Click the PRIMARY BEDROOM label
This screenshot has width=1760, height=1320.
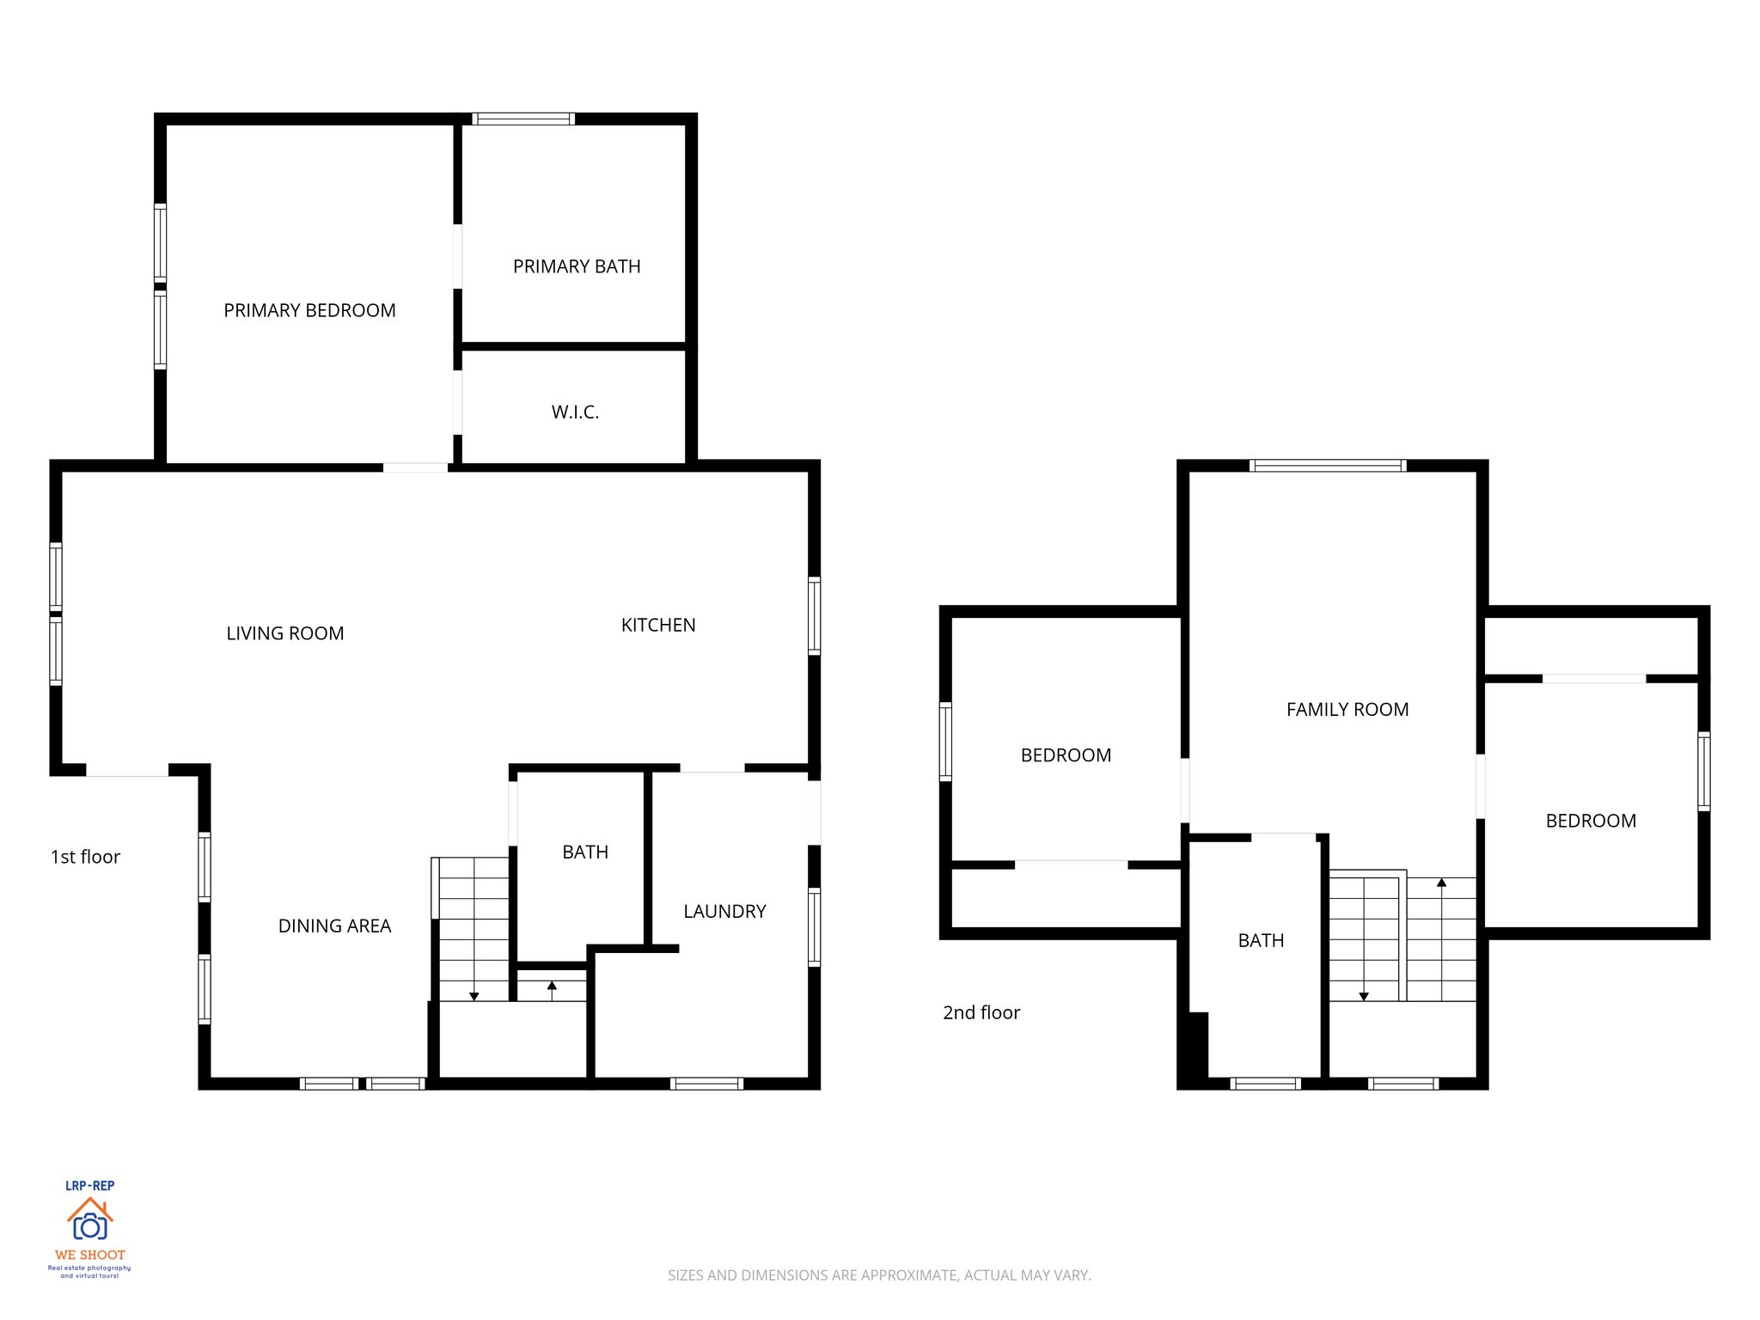309,310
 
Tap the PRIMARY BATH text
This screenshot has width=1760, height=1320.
577,266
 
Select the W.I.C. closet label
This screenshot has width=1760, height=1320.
575,412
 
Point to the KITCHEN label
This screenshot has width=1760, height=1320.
658,625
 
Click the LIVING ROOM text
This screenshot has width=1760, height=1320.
284,633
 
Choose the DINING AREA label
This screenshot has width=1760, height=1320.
334,926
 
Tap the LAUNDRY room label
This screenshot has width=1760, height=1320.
724,911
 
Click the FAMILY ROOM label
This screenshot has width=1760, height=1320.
1347,709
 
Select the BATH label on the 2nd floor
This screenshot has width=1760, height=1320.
1261,940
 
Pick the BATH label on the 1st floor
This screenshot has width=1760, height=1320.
585,852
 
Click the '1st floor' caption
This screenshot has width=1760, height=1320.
85,857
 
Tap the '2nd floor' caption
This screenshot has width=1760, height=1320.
981,1012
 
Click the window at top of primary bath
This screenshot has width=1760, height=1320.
522,119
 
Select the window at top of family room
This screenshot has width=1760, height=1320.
1328,466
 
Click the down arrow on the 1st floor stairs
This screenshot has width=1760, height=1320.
474,995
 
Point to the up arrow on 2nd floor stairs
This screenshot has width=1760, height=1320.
1441,883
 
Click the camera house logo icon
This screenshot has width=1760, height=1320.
89,1219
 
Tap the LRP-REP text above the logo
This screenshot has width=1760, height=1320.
89,1185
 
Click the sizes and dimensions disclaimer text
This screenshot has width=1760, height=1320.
879,1275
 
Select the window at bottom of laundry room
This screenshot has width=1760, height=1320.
706,1084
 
